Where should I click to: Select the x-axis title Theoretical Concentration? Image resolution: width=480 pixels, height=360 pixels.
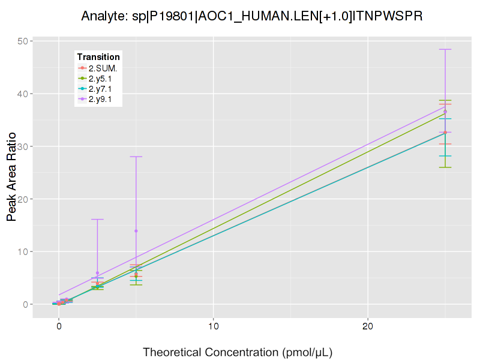coord(237,352)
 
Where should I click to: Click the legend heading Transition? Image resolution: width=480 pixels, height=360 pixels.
coord(98,56)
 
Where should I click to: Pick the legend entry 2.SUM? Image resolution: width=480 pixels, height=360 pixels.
coord(103,68)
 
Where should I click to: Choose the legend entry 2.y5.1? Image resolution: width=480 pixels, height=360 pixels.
coord(100,79)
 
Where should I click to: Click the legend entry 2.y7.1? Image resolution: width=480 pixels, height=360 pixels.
coord(100,89)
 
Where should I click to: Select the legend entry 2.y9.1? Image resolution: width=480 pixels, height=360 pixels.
coord(100,99)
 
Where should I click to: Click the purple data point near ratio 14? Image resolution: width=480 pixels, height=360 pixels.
coord(136,230)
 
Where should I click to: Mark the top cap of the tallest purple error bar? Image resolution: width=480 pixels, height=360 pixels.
coord(445,49)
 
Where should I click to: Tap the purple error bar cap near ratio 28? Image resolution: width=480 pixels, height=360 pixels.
coord(136,157)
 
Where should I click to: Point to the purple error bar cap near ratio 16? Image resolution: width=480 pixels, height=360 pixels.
coord(97,219)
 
